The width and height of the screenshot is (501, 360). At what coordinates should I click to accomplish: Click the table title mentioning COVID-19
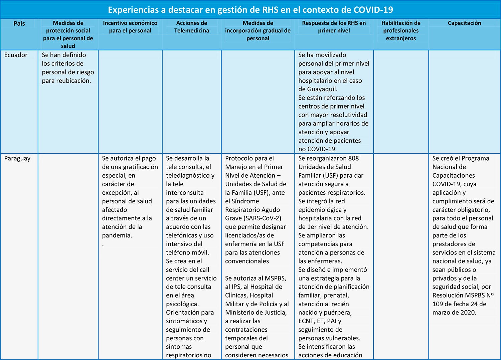(x=250, y=10)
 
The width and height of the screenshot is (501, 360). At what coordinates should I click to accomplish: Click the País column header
(x=19, y=23)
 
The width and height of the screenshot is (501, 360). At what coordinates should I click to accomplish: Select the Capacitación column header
(x=464, y=23)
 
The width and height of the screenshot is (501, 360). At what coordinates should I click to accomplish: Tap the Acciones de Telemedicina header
(x=192, y=27)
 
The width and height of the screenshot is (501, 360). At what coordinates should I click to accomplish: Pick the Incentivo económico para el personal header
(x=130, y=27)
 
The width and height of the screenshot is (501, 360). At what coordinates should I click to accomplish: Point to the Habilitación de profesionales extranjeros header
(x=401, y=30)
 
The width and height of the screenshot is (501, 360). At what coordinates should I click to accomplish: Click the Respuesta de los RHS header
(x=334, y=27)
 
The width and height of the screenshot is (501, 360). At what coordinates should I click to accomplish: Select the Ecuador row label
(x=16, y=55)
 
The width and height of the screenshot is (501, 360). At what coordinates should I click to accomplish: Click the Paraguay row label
(x=17, y=158)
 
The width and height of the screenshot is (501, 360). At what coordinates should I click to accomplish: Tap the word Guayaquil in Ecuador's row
(x=322, y=89)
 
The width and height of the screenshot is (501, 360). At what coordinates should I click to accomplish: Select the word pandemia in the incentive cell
(x=117, y=235)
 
